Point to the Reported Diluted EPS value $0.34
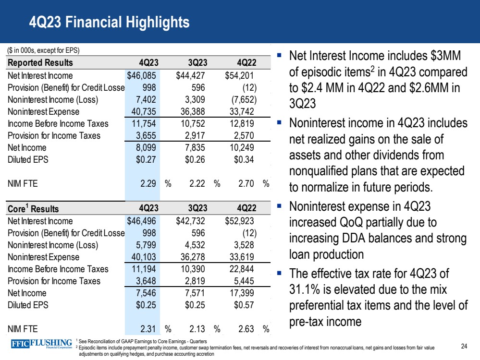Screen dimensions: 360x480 (x=245, y=159)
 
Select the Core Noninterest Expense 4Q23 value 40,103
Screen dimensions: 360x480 (x=143, y=257)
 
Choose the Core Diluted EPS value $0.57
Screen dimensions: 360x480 (x=245, y=305)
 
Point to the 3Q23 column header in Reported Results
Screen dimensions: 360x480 (x=197, y=63)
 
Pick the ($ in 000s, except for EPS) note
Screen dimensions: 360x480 (x=43, y=50)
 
